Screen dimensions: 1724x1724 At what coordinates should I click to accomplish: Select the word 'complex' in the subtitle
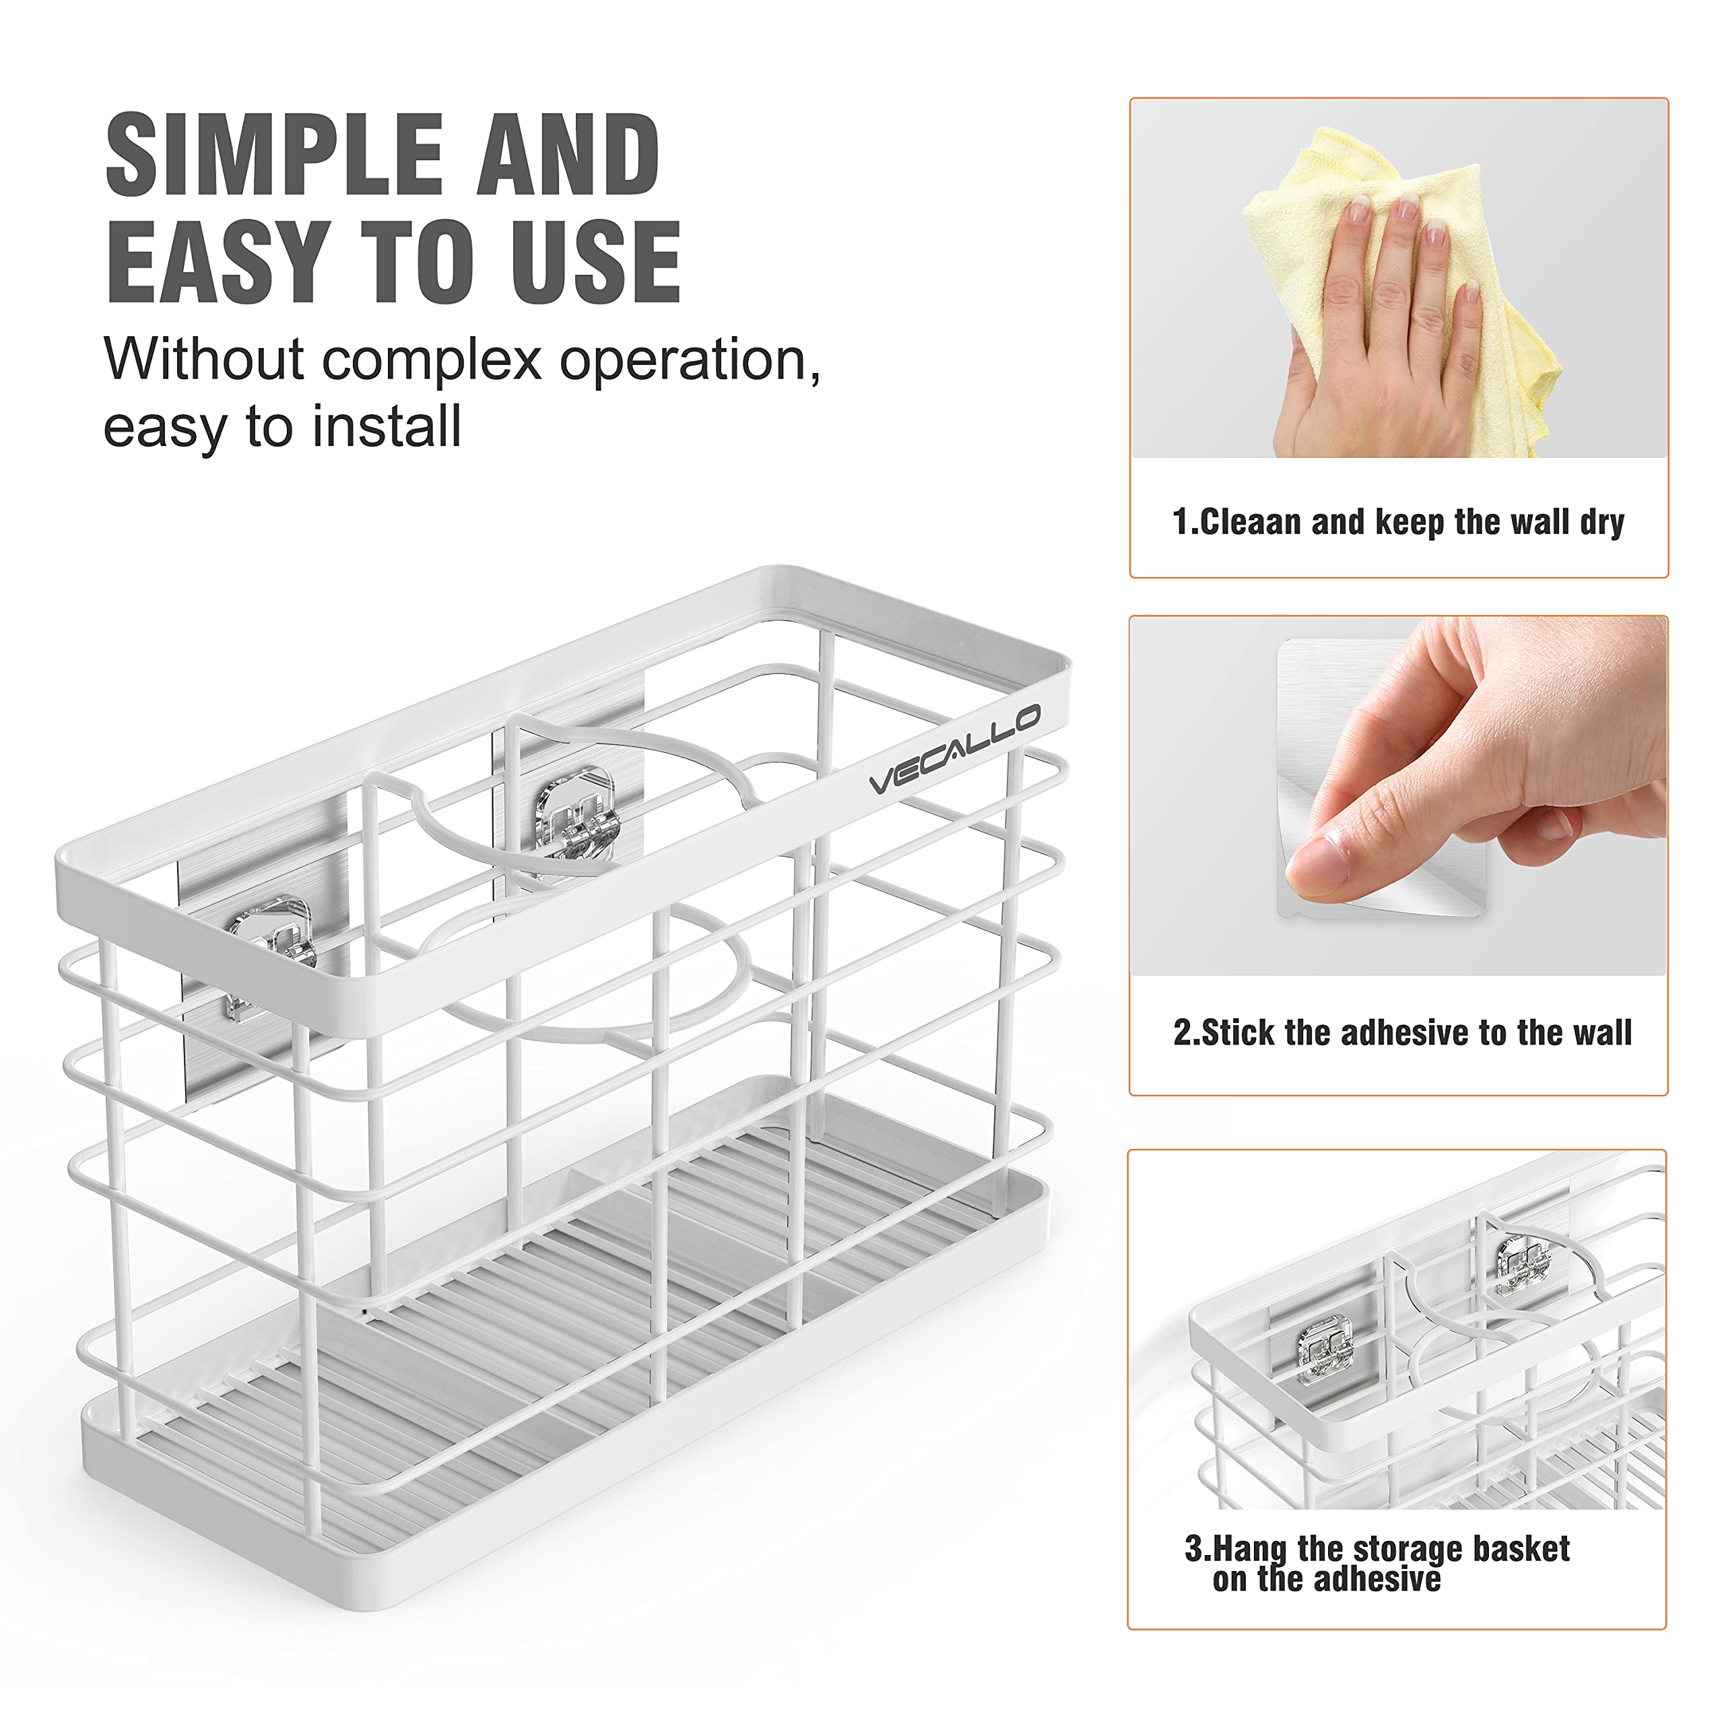pyautogui.click(x=432, y=360)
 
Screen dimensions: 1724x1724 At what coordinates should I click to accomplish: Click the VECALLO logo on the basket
pyautogui.click(x=954, y=748)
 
